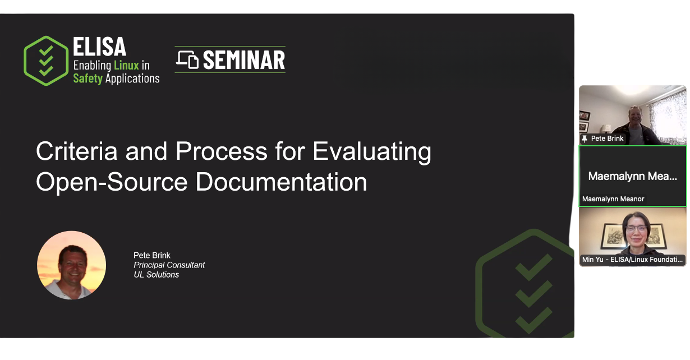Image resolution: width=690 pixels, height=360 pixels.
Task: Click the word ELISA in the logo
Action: coord(99,47)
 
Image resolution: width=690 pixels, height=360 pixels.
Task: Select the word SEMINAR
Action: coord(244,60)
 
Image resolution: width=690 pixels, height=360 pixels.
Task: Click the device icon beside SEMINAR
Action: coord(187,59)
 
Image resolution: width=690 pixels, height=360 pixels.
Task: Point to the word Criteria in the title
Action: coord(77,151)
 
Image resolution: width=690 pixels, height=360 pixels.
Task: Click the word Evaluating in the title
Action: coord(372,152)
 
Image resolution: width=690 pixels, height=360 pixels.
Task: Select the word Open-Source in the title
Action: coord(112,182)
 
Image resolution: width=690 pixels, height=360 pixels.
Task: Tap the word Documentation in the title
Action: coord(281,182)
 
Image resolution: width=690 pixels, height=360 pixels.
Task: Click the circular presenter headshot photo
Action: coord(71,265)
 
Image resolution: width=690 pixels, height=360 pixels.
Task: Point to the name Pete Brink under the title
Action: coord(152,255)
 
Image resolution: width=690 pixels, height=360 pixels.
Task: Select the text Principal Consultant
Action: coord(169,265)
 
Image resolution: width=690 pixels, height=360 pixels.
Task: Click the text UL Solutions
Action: coord(156,274)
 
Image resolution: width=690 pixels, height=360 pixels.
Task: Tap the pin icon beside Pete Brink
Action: coord(585,139)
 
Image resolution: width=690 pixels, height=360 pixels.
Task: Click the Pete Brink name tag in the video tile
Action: coord(607,139)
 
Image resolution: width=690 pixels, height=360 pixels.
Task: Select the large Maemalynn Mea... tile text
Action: coord(632,176)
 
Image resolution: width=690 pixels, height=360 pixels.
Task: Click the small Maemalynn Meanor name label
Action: coord(613,199)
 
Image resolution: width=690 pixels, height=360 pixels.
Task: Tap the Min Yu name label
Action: coord(632,259)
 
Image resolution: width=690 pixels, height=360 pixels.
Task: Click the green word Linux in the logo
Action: coord(126,65)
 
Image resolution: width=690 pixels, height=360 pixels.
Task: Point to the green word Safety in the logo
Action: coord(88,79)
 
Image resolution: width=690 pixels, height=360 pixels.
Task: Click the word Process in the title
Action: coord(222,151)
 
